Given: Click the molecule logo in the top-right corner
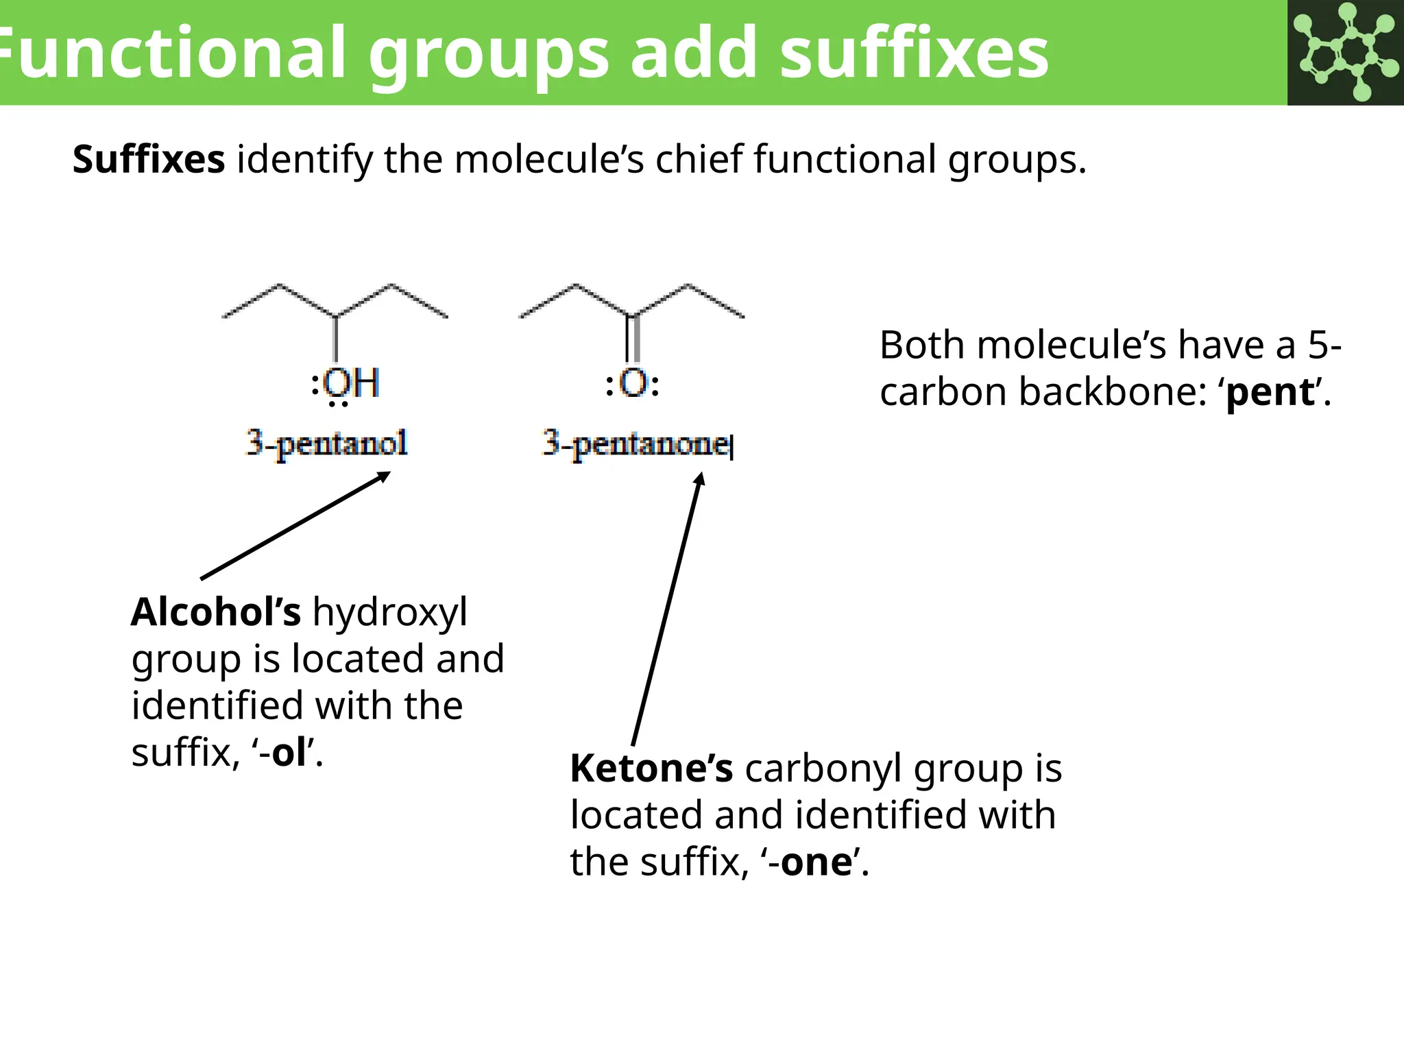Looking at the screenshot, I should tap(1346, 52).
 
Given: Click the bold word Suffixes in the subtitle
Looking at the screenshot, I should tap(149, 159).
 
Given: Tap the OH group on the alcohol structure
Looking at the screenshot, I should tap(351, 383).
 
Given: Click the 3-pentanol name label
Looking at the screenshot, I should tap(327, 444).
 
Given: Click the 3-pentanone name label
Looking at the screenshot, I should tap(636, 444).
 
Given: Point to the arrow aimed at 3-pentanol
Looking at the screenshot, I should tap(295, 526).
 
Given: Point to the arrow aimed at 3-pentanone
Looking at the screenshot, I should tap(666, 610).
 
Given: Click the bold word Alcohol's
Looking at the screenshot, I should tap(215, 612).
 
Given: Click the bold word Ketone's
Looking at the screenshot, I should tap(651, 768).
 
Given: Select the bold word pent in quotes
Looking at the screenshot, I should tap(1270, 392).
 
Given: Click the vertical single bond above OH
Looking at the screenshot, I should tap(335, 339).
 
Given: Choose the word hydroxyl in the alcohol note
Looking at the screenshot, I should tap(390, 612).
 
